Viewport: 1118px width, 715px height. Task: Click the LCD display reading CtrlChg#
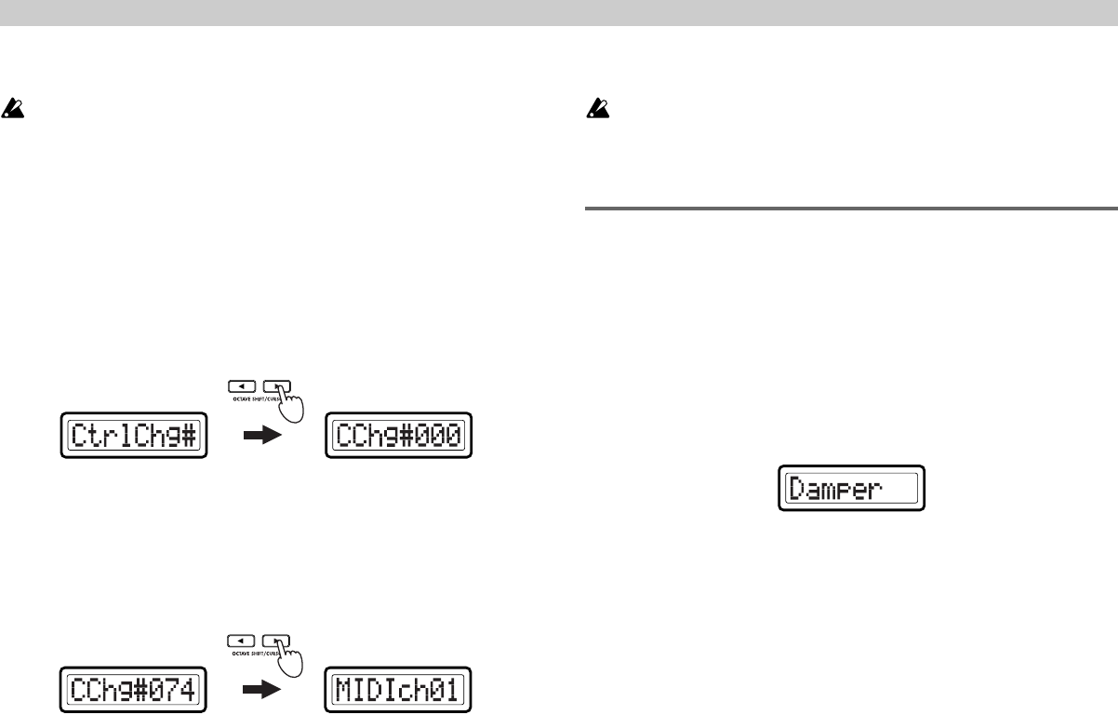(x=133, y=436)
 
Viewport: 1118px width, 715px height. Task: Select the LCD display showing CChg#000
(x=399, y=436)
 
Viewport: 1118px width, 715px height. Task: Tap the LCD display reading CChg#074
(x=133, y=692)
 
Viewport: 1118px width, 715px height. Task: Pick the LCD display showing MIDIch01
(x=399, y=692)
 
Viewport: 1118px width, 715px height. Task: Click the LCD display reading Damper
(x=851, y=488)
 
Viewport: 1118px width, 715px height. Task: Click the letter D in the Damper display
(x=798, y=488)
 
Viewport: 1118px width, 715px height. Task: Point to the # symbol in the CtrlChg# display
(x=189, y=436)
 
